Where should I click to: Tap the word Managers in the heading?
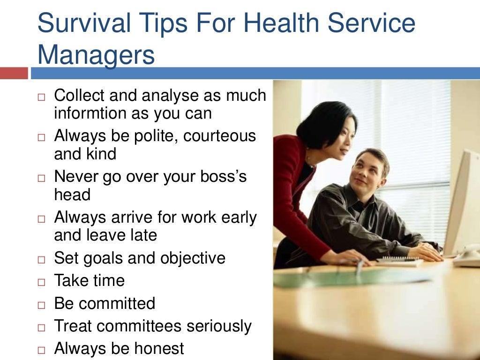96,55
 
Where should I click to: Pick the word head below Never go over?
73,195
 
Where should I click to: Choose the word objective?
193,258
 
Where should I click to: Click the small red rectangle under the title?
14,73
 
